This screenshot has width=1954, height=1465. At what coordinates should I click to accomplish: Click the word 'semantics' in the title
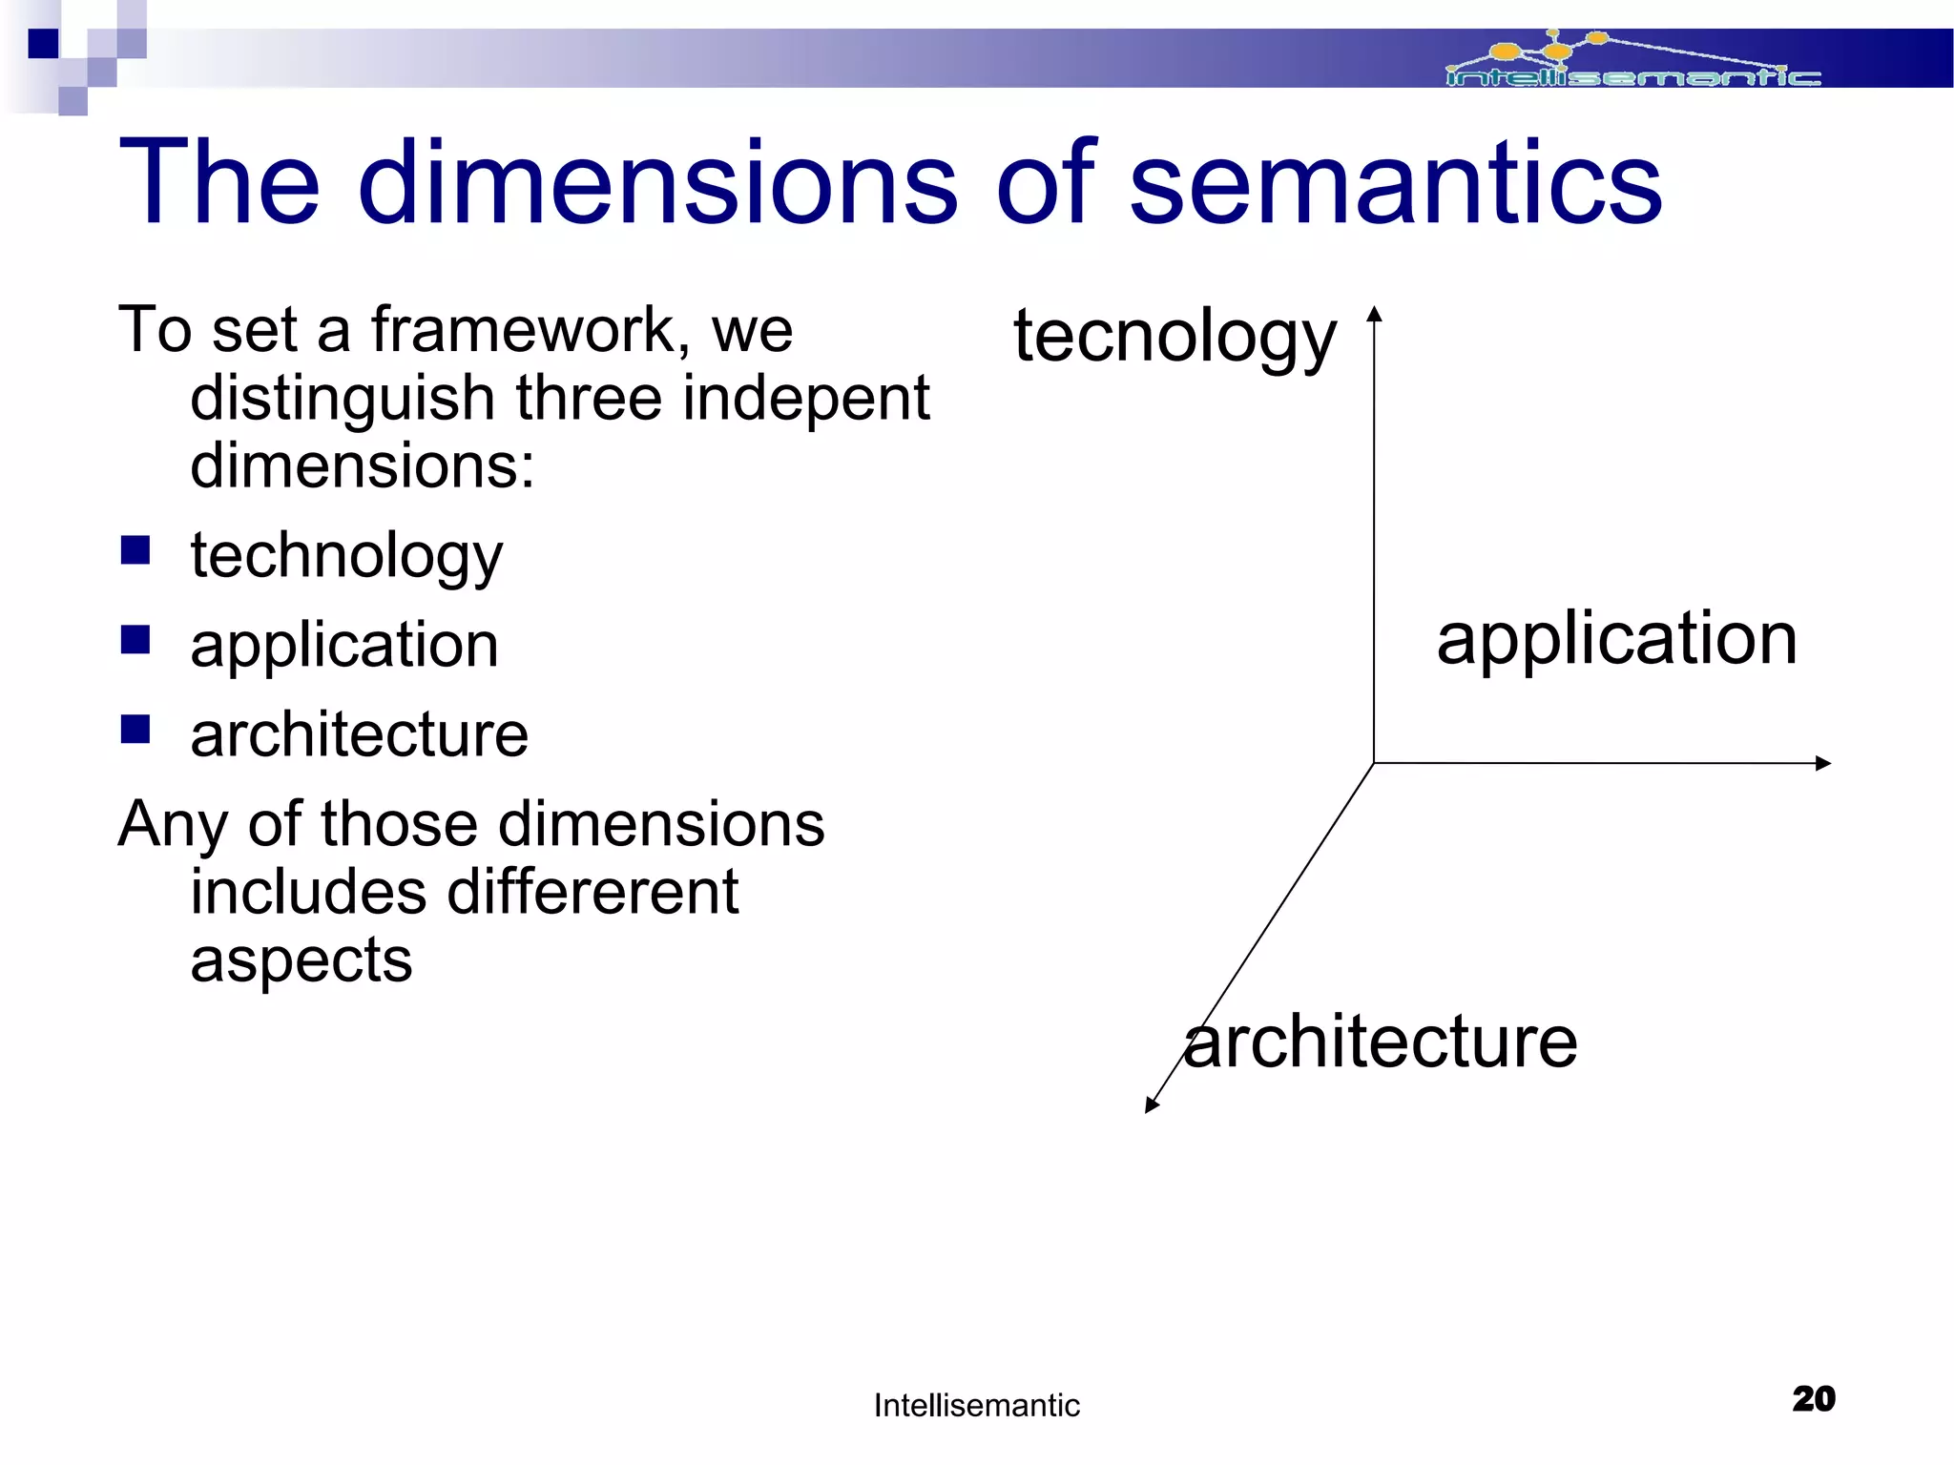point(1395,183)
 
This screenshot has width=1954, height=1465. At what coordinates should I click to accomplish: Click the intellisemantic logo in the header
point(1632,61)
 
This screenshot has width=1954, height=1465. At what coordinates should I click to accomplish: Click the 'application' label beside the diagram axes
point(1616,639)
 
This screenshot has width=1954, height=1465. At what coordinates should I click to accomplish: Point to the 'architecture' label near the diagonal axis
point(1381,1042)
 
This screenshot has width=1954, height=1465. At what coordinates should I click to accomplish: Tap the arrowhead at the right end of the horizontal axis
point(1823,763)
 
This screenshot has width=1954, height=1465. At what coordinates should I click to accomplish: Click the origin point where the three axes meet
point(1374,763)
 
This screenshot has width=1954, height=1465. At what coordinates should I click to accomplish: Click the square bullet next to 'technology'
point(135,550)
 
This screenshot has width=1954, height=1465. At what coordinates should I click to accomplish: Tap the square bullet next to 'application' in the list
point(135,640)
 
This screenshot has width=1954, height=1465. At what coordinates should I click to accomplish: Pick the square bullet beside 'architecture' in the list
point(135,729)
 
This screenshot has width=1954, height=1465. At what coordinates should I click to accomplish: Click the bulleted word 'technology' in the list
point(346,556)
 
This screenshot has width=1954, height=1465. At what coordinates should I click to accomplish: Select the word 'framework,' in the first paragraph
point(530,330)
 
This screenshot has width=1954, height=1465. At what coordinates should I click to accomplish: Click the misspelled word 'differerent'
point(592,893)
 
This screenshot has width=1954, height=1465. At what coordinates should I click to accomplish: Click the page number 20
point(1813,1399)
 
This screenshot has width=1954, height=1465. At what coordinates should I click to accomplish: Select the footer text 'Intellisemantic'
point(976,1406)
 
